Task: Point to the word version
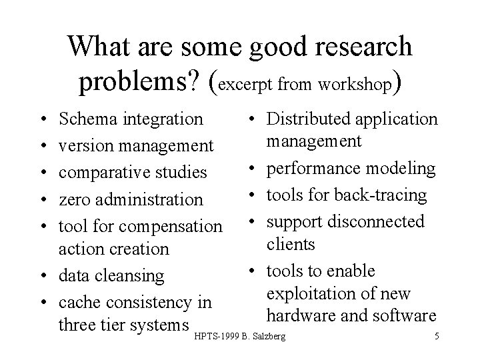[x=82, y=146]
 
